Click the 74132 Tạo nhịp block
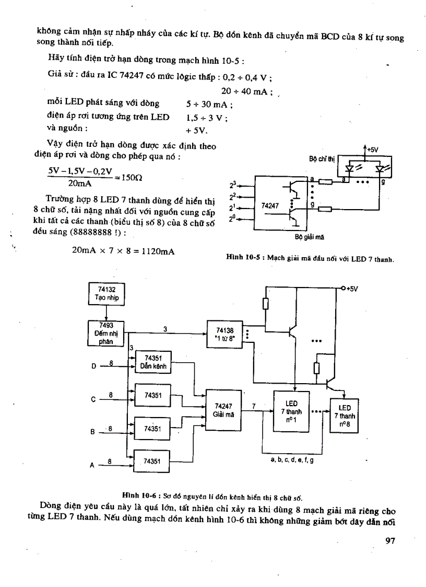coord(106,294)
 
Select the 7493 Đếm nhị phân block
coord(106,333)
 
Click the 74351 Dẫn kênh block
coord(153,362)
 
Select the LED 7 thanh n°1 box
coord(291,410)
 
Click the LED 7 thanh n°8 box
coord(345,416)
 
